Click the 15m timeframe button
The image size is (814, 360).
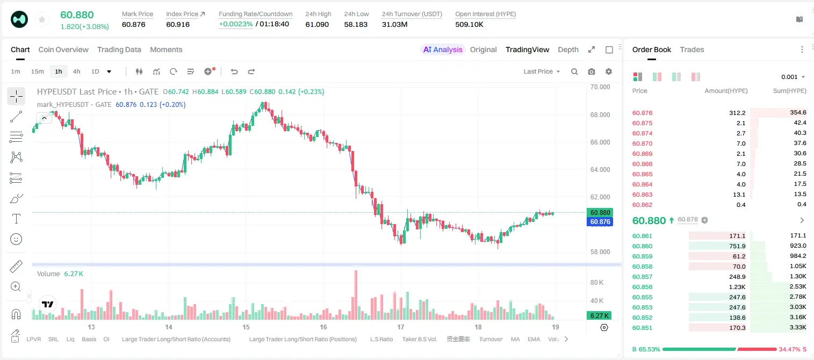[x=38, y=71]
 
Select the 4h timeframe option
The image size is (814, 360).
[x=76, y=71]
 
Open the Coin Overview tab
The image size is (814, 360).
[x=63, y=49]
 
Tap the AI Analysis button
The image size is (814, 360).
[x=443, y=49]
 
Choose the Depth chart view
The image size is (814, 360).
[x=568, y=49]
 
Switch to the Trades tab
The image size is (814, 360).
[x=692, y=49]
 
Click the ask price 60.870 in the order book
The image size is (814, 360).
[x=642, y=143]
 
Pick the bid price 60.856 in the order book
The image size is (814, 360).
[x=642, y=287]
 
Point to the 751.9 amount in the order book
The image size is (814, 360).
[x=737, y=246]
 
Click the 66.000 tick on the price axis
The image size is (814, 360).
[x=600, y=142]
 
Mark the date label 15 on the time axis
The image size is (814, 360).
[x=246, y=327]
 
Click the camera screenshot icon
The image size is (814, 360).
[x=592, y=71]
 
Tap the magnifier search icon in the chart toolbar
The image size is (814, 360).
[x=574, y=71]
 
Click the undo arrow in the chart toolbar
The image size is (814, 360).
[x=234, y=71]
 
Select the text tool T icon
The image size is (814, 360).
[x=16, y=219]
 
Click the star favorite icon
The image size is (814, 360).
[x=42, y=20]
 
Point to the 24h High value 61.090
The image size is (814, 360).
[x=317, y=24]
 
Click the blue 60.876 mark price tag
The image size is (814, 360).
[x=600, y=221]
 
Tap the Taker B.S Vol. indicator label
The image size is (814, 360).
[x=419, y=339]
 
